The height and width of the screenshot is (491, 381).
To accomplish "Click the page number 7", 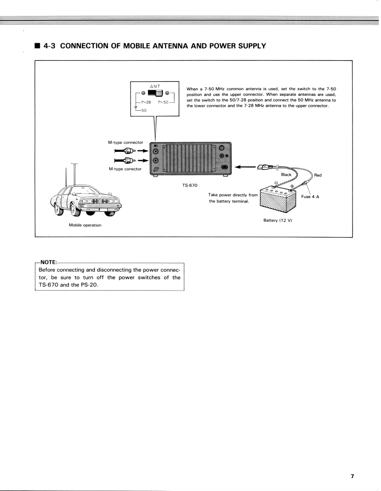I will tap(352, 476).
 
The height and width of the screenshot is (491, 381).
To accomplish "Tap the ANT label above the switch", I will tap(155, 86).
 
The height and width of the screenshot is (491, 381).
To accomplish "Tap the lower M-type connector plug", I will tap(126, 161).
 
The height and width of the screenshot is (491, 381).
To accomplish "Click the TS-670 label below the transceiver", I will tap(190, 185).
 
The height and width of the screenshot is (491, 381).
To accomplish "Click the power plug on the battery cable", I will tap(266, 166).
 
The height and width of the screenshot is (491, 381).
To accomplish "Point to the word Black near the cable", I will tap(286, 175).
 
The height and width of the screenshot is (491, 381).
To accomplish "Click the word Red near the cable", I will tap(318, 175).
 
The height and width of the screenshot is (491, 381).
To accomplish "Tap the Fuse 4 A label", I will tap(310, 196).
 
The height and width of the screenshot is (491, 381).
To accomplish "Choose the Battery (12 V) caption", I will tap(277, 220).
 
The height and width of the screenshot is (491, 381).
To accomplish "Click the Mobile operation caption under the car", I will tap(85, 225).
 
